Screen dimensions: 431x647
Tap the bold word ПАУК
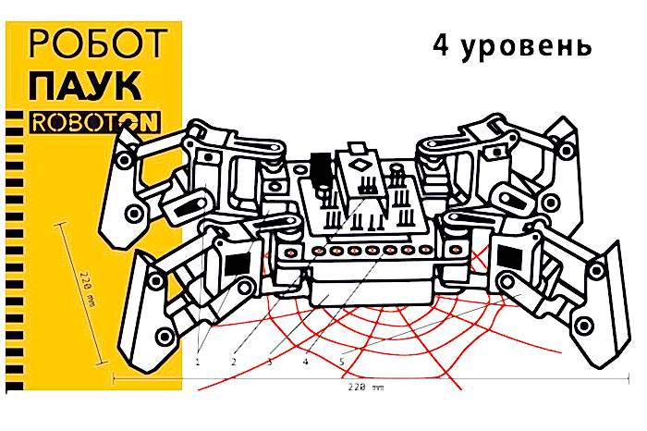pyautogui.click(x=86, y=87)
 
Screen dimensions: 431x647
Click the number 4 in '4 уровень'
pyautogui.click(x=443, y=46)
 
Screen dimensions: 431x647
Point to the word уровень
pyautogui.click(x=528, y=48)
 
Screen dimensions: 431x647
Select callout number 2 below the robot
pyautogui.click(x=234, y=362)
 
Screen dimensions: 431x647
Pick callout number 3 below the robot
pyautogui.click(x=269, y=362)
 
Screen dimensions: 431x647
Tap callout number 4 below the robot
pyautogui.click(x=304, y=362)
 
